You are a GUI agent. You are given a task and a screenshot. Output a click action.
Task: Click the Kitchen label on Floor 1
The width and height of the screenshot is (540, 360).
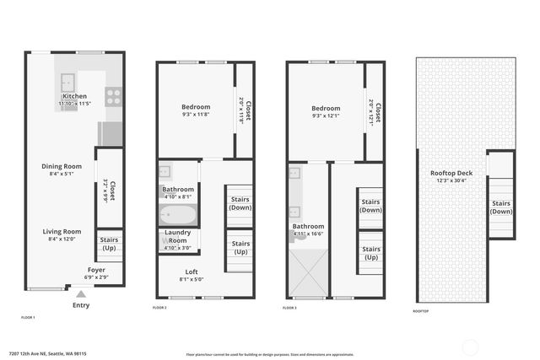pos(74,96)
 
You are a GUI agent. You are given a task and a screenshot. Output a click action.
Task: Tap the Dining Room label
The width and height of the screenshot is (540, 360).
pos(62,166)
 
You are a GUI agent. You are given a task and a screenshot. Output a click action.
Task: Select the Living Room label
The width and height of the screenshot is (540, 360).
pos(62,231)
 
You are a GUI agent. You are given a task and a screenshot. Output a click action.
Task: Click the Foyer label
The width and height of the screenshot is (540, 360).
pos(95,270)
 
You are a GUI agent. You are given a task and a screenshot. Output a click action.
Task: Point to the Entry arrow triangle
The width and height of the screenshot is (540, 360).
pos(80,294)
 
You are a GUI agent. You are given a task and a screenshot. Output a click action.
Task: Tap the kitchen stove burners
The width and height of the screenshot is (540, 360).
pos(114,96)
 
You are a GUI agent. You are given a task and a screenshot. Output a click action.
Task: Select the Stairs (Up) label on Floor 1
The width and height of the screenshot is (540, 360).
pos(110,244)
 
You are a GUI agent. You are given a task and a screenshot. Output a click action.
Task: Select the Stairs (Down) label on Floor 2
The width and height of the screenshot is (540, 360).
pos(240,203)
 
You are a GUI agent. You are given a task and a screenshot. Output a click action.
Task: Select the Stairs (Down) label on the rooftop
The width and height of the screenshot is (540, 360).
pos(501,207)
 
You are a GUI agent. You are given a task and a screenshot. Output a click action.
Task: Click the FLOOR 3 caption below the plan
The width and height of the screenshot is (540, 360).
pos(290,309)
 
